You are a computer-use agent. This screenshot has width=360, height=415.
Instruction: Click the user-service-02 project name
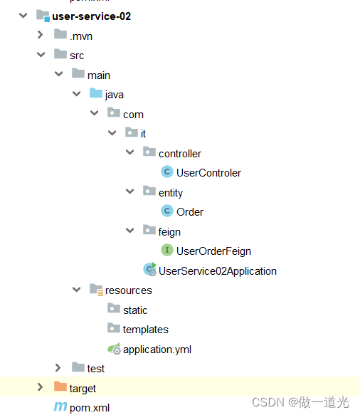[91, 16]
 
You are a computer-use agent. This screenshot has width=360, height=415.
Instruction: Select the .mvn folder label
[80, 36]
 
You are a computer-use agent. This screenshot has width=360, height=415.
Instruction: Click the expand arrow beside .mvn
[41, 36]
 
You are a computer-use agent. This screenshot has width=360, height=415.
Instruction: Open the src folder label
[77, 55]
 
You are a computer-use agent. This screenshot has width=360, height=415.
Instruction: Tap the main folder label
[98, 75]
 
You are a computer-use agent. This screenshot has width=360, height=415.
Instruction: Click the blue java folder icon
[95, 94]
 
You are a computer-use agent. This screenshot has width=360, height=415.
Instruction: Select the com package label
[133, 114]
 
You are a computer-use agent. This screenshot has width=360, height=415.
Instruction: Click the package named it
[143, 133]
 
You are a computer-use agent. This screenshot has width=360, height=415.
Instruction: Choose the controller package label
[179, 153]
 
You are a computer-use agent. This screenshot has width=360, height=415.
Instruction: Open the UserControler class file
[208, 172]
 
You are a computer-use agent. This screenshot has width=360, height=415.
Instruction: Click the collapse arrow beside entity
[129, 192]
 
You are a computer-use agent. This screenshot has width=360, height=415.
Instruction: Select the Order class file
[190, 211]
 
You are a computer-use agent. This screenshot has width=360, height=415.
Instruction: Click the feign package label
[169, 231]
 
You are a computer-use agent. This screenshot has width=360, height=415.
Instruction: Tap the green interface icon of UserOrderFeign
[166, 251]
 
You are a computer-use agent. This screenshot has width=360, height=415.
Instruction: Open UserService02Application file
[217, 270]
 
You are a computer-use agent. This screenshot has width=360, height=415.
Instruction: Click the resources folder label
[128, 290]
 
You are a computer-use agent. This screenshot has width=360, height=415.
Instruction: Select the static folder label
[134, 310]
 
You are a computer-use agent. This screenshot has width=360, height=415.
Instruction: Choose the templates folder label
[145, 329]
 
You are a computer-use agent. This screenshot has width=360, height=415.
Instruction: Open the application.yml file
[157, 349]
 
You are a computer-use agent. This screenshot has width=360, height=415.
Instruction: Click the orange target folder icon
[60, 388]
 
